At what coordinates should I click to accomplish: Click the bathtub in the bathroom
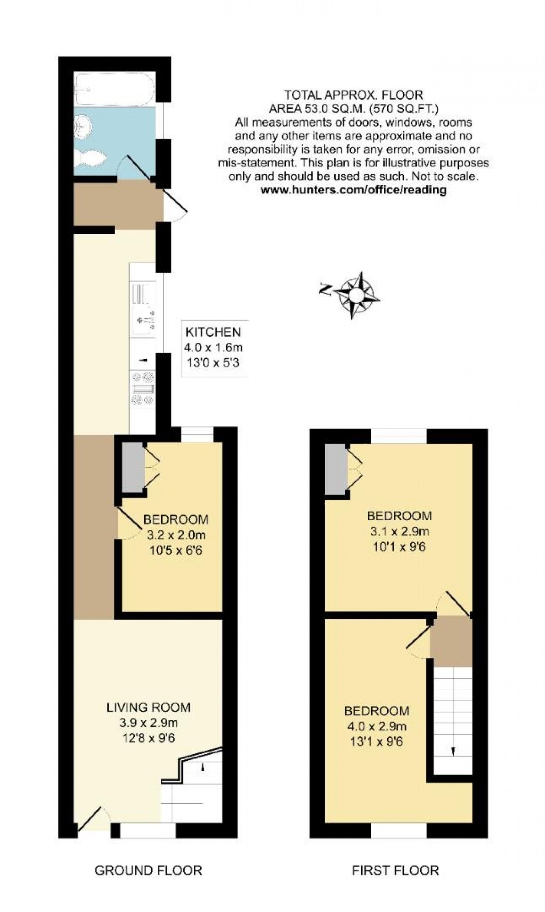[114, 89]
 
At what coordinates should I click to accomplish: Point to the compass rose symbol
[356, 295]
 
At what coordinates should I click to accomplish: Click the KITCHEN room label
[213, 332]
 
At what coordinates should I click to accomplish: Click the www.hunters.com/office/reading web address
[353, 190]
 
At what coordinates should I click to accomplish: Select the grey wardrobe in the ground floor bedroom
[133, 467]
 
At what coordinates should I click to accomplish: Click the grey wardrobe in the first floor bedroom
[336, 469]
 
